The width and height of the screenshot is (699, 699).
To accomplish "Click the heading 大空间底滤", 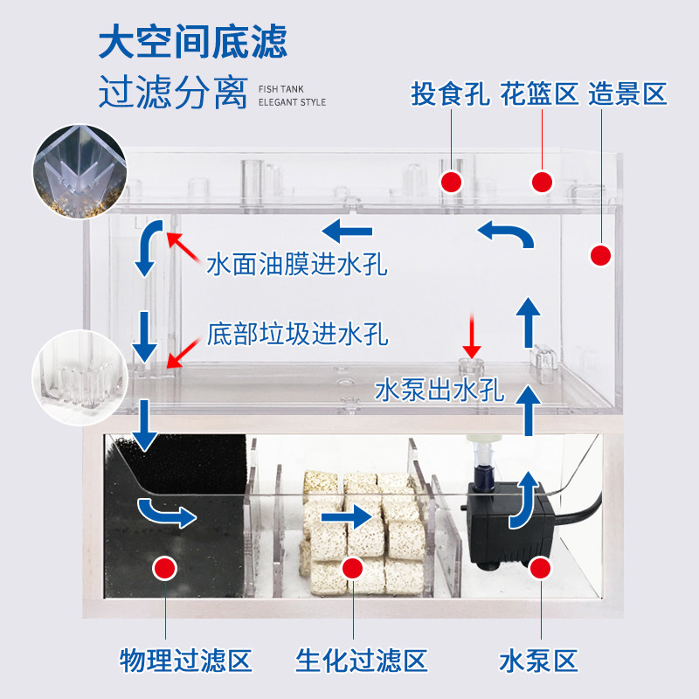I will click(192, 41).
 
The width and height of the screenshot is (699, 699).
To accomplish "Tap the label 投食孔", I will click(450, 93).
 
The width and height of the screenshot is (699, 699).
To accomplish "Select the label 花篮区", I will click(541, 93).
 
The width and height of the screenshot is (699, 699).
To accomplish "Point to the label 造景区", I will click(628, 93).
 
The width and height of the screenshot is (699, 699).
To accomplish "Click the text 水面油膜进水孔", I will click(297, 263).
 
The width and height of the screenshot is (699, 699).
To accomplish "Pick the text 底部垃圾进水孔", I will click(298, 333).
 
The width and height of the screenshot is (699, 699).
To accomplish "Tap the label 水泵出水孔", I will click(439, 390).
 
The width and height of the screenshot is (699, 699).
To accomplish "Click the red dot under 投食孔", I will click(451, 182).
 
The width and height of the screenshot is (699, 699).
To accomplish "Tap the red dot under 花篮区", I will click(543, 182).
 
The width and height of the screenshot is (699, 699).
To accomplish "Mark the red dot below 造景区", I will click(600, 255).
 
